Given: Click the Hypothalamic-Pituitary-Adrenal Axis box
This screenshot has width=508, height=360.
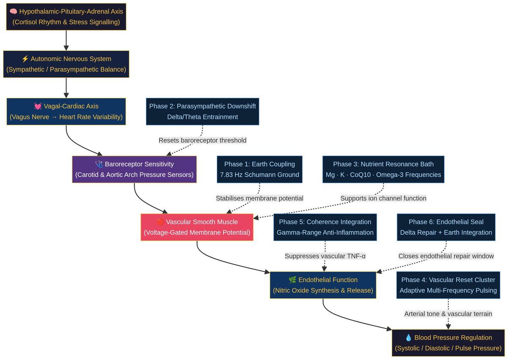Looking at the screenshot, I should [x=66, y=17].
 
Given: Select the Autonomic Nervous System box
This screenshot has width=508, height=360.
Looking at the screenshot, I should [x=66, y=64].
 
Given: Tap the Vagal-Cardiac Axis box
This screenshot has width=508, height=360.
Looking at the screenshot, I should [x=66, y=111].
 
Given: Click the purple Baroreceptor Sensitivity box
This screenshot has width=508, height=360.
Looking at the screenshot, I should [x=134, y=169].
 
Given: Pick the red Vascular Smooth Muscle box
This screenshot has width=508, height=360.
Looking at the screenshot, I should [x=197, y=227].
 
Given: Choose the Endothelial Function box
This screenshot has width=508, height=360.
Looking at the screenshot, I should [x=323, y=285].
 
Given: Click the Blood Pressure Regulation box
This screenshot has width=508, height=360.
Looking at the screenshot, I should [x=448, y=343].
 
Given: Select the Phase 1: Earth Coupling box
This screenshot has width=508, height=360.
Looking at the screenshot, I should [x=260, y=169].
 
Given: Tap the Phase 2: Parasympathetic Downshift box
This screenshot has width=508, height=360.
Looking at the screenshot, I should [x=202, y=111].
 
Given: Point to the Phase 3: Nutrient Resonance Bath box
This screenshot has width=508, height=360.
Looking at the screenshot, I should [x=383, y=169].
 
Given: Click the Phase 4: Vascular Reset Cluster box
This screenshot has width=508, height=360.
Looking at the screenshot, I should [x=448, y=285].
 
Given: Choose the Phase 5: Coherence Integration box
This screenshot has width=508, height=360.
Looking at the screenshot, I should [x=325, y=227].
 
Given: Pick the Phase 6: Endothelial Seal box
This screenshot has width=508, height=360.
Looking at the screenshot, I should [x=446, y=227].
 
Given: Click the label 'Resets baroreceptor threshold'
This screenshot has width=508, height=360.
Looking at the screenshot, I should [x=202, y=140].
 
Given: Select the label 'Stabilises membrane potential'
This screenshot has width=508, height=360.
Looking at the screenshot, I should [x=260, y=198].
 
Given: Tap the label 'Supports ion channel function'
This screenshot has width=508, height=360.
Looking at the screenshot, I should [x=383, y=198].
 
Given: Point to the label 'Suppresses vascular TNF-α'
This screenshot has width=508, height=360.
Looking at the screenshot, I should [x=325, y=256].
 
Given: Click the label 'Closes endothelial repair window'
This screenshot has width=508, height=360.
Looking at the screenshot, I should [x=446, y=256].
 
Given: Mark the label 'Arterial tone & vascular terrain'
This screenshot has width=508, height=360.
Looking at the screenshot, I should [x=448, y=314].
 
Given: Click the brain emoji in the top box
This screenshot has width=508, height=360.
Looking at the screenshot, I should [x=13, y=11].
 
